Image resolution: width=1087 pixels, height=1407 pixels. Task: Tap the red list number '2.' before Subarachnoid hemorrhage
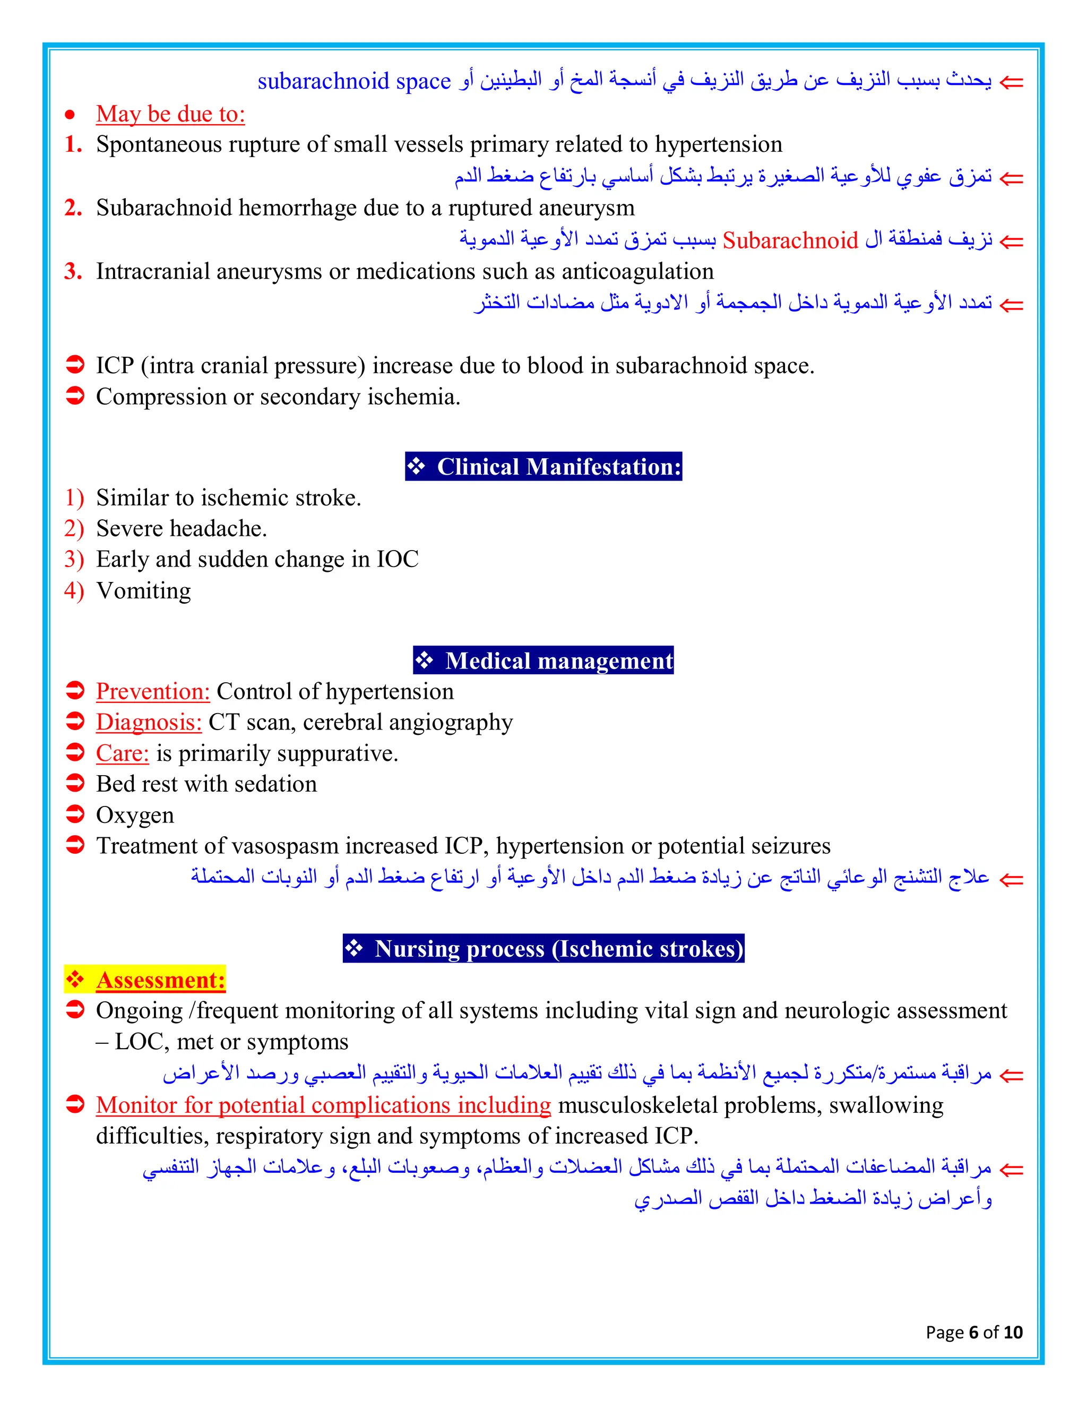point(73,208)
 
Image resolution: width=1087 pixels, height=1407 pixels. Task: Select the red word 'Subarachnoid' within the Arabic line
point(790,241)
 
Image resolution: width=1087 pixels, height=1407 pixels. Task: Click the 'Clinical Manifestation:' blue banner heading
point(543,466)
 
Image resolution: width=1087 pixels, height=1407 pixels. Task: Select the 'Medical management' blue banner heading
point(543,660)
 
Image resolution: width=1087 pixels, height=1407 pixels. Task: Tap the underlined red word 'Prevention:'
point(153,691)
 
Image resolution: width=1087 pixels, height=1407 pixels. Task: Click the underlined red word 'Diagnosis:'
point(149,722)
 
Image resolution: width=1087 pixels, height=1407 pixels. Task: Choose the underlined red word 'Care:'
point(123,753)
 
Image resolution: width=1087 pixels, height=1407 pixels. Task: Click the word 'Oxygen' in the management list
point(135,815)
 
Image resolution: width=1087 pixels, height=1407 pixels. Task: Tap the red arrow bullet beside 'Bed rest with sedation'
point(75,783)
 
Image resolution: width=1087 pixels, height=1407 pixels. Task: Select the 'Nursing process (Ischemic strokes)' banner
point(543,948)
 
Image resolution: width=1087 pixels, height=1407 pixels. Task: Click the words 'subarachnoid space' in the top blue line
point(354,81)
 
